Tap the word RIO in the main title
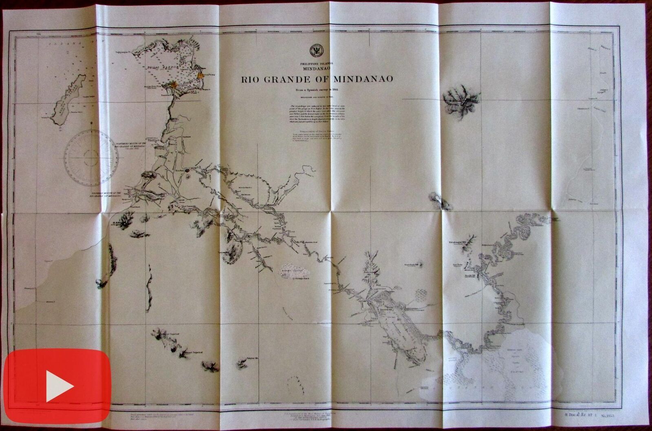pos(251,79)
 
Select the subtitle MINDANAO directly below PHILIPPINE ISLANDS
pos(317,68)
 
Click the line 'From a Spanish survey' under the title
pos(316,90)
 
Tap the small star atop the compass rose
pos(92,123)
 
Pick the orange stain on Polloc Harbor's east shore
pos(200,76)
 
